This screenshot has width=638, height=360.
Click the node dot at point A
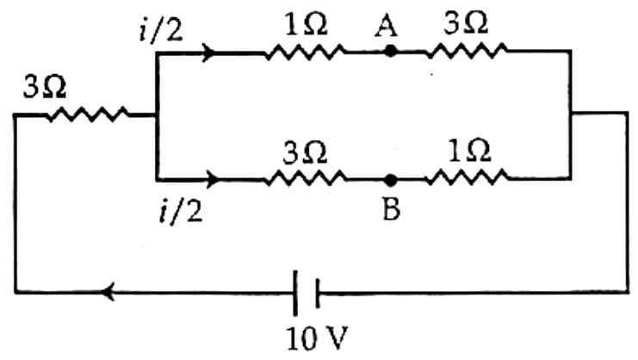pyautogui.click(x=391, y=52)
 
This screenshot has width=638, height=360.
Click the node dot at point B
pyautogui.click(x=391, y=180)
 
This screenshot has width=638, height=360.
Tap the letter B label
pyautogui.click(x=392, y=209)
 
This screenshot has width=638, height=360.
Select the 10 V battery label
pyautogui.click(x=318, y=338)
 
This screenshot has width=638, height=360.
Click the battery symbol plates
pyautogui.click(x=306, y=293)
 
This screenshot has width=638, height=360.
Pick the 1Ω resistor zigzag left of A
pyautogui.click(x=305, y=52)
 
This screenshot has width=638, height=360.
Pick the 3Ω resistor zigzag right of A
pyautogui.click(x=467, y=52)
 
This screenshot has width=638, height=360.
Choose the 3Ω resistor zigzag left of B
pyautogui.click(x=306, y=178)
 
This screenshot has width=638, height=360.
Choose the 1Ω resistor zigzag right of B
pyautogui.click(x=468, y=177)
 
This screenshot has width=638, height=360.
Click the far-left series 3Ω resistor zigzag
pyautogui.click(x=88, y=115)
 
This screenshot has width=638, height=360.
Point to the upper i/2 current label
pyautogui.click(x=161, y=30)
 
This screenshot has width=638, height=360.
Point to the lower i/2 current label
pyautogui.click(x=181, y=211)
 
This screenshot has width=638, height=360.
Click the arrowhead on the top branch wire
pyautogui.click(x=208, y=53)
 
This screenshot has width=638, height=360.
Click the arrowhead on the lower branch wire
pyautogui.click(x=213, y=179)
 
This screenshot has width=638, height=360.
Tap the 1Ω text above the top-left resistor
pyautogui.click(x=306, y=25)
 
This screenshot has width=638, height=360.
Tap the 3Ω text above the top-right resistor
pyautogui.click(x=466, y=23)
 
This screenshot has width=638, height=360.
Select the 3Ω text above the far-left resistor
pyautogui.click(x=45, y=87)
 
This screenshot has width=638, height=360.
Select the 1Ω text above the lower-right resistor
pyautogui.click(x=469, y=152)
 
